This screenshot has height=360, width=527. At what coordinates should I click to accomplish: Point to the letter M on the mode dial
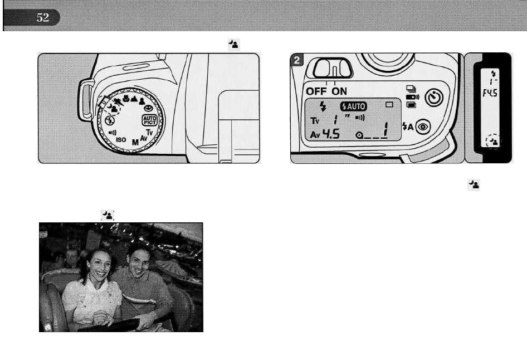click(x=134, y=143)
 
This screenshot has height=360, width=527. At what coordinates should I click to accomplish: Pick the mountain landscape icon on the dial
click(x=134, y=102)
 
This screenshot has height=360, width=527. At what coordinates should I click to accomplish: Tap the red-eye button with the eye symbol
click(x=422, y=127)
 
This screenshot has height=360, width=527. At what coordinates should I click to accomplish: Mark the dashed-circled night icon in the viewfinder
click(x=493, y=141)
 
